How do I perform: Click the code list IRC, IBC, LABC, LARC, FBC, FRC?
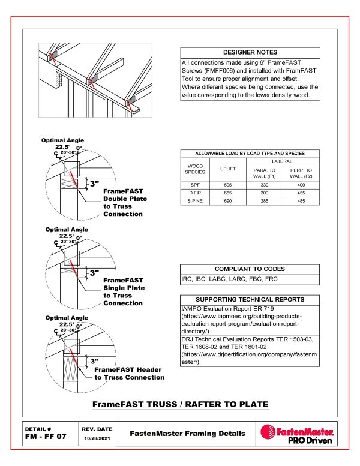coord(226,279)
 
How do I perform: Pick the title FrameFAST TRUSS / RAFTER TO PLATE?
coord(180,405)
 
